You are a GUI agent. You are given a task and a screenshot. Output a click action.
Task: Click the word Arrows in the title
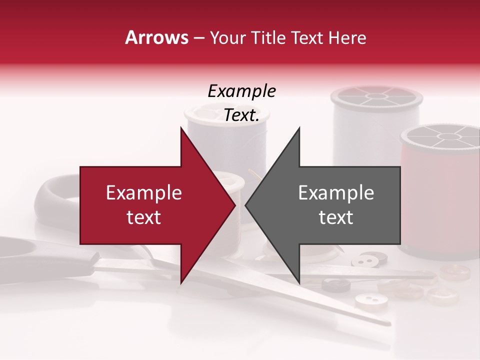(157, 37)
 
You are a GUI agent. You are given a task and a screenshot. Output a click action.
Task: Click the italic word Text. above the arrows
(241, 115)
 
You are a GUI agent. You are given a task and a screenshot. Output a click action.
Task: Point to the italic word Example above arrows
(241, 91)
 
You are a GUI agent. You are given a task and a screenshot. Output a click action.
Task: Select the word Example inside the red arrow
(144, 193)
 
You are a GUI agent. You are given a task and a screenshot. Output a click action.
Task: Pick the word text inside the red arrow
(144, 217)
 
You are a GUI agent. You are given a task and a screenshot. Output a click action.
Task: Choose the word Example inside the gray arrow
(336, 193)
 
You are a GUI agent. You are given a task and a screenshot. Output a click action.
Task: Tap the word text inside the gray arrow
(336, 217)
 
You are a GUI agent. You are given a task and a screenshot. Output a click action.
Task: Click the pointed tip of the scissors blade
(387, 323)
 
